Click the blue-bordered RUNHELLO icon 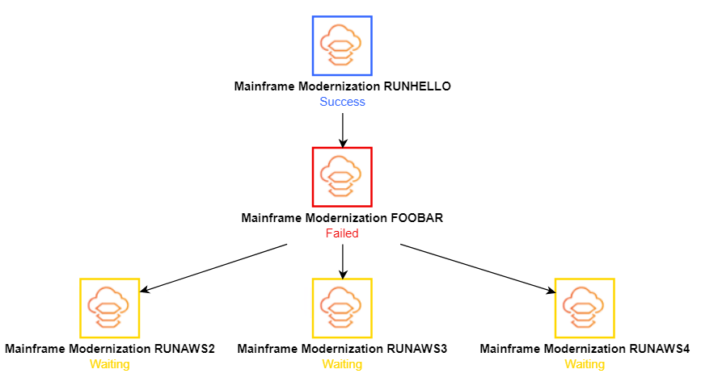[x=342, y=45]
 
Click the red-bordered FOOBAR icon [x=342, y=176]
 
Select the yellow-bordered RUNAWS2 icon [x=109, y=308]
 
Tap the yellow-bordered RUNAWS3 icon [x=342, y=308]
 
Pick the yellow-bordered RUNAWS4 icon [x=585, y=308]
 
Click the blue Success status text [x=342, y=102]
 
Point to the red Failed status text [x=342, y=233]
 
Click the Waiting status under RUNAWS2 [x=109, y=364]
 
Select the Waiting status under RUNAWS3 [x=342, y=364]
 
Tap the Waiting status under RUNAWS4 [x=585, y=364]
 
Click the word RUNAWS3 [x=417, y=349]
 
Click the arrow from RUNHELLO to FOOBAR [x=343, y=129]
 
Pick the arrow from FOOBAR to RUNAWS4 [x=477, y=268]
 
